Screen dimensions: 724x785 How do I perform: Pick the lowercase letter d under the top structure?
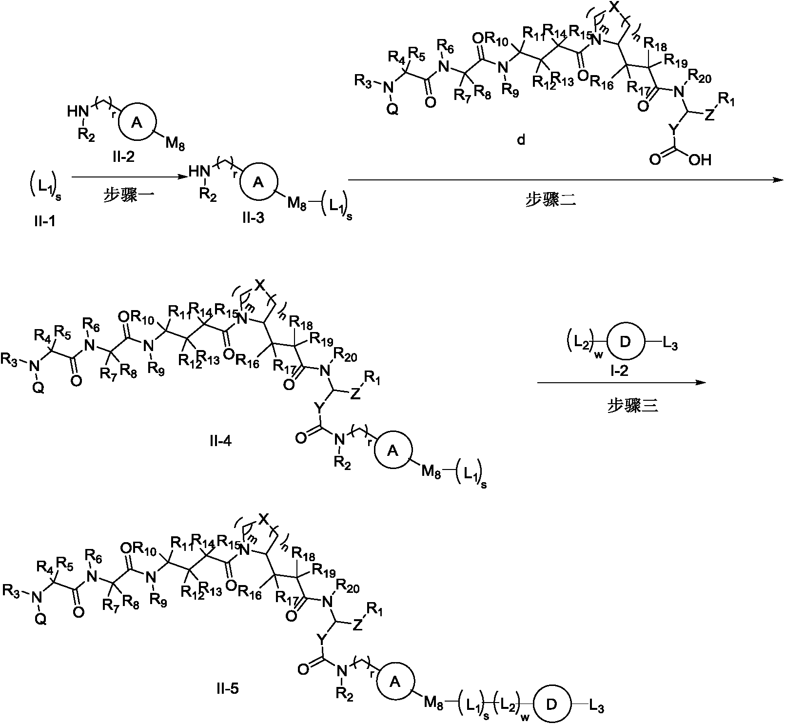click(521, 141)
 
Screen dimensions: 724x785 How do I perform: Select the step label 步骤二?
click(550, 200)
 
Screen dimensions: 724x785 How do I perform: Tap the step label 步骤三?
click(632, 406)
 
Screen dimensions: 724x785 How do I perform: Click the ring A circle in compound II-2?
click(137, 123)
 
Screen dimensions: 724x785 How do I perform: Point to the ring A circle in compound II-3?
click(259, 182)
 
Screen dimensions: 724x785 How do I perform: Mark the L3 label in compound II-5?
click(597, 707)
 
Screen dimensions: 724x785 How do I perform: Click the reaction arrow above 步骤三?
click(622, 383)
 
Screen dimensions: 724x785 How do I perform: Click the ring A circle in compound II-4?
click(393, 451)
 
